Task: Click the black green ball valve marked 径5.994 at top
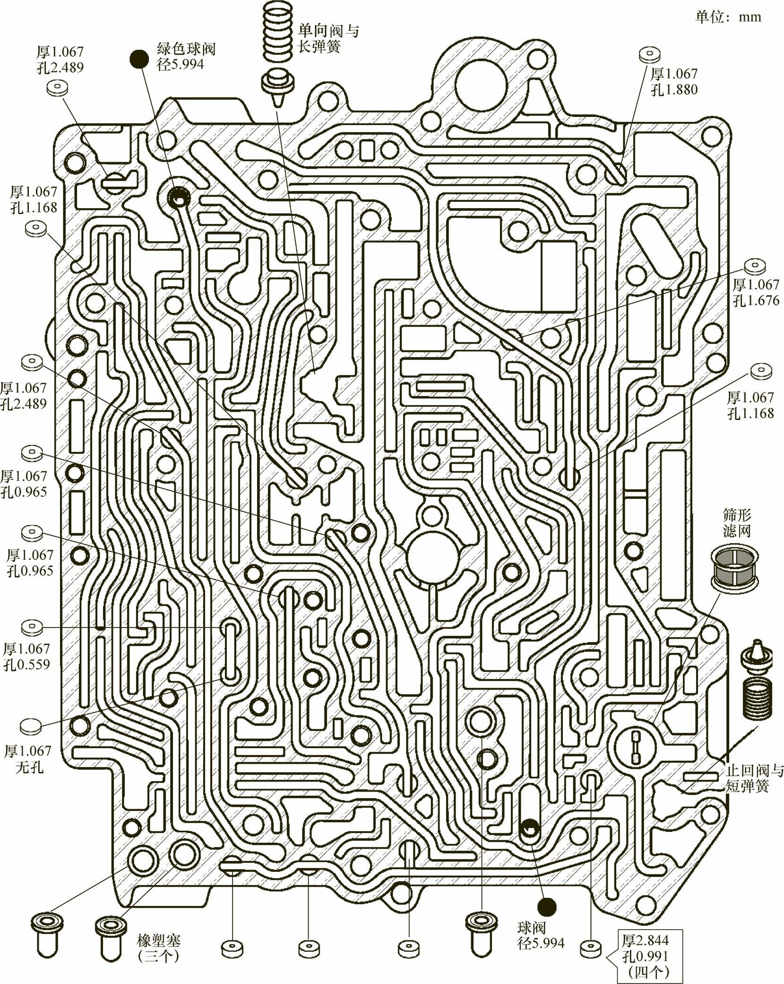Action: tap(137, 59)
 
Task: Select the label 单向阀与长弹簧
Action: tap(327, 39)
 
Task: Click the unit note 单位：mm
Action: tap(728, 17)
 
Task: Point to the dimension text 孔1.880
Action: tap(674, 89)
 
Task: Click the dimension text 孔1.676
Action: tap(756, 300)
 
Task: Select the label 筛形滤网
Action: tap(737, 522)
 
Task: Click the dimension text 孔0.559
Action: tap(27, 665)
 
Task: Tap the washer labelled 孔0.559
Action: tap(32, 627)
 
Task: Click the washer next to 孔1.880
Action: tap(649, 55)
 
